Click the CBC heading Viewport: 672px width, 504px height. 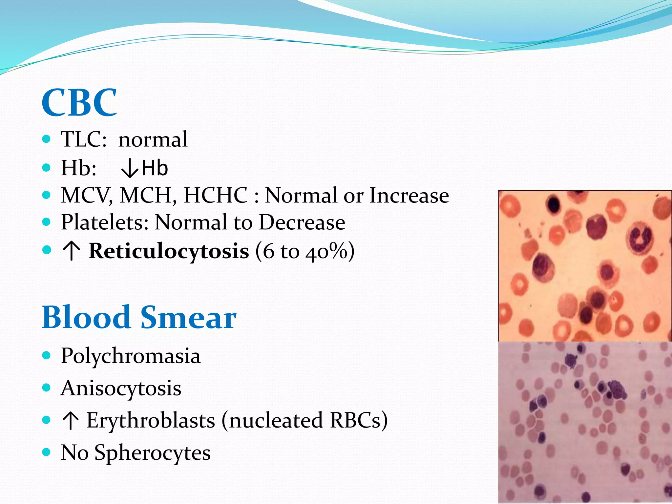[x=79, y=102]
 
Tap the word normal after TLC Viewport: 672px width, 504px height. [x=153, y=139]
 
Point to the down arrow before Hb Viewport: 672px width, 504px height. [x=129, y=169]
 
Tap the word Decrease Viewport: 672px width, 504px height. [x=302, y=222]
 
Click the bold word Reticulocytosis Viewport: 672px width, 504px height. [x=169, y=251]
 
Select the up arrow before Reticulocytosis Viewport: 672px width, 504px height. [x=71, y=252]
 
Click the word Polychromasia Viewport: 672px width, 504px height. [x=131, y=356]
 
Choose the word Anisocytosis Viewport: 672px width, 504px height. [x=121, y=388]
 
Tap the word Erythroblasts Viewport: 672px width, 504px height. [x=151, y=420]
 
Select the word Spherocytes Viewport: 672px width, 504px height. [x=153, y=452]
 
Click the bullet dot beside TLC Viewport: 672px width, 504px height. [x=47, y=139]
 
